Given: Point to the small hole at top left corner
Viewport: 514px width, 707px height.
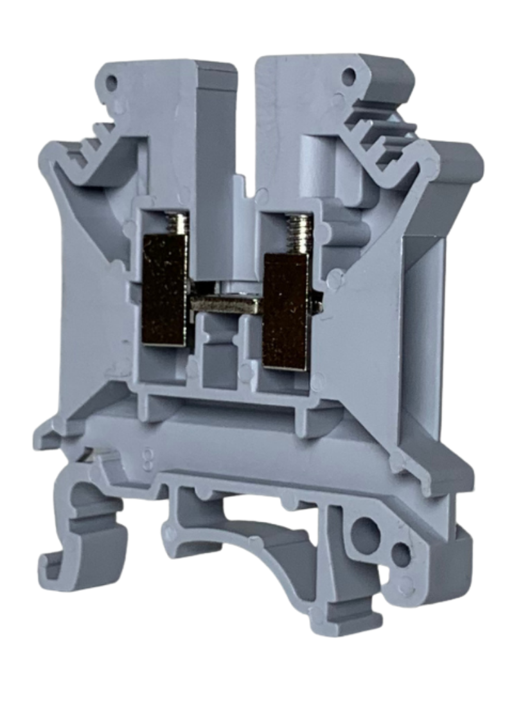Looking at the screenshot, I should [114, 82].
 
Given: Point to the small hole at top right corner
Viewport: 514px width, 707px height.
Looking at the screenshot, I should [350, 78].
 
